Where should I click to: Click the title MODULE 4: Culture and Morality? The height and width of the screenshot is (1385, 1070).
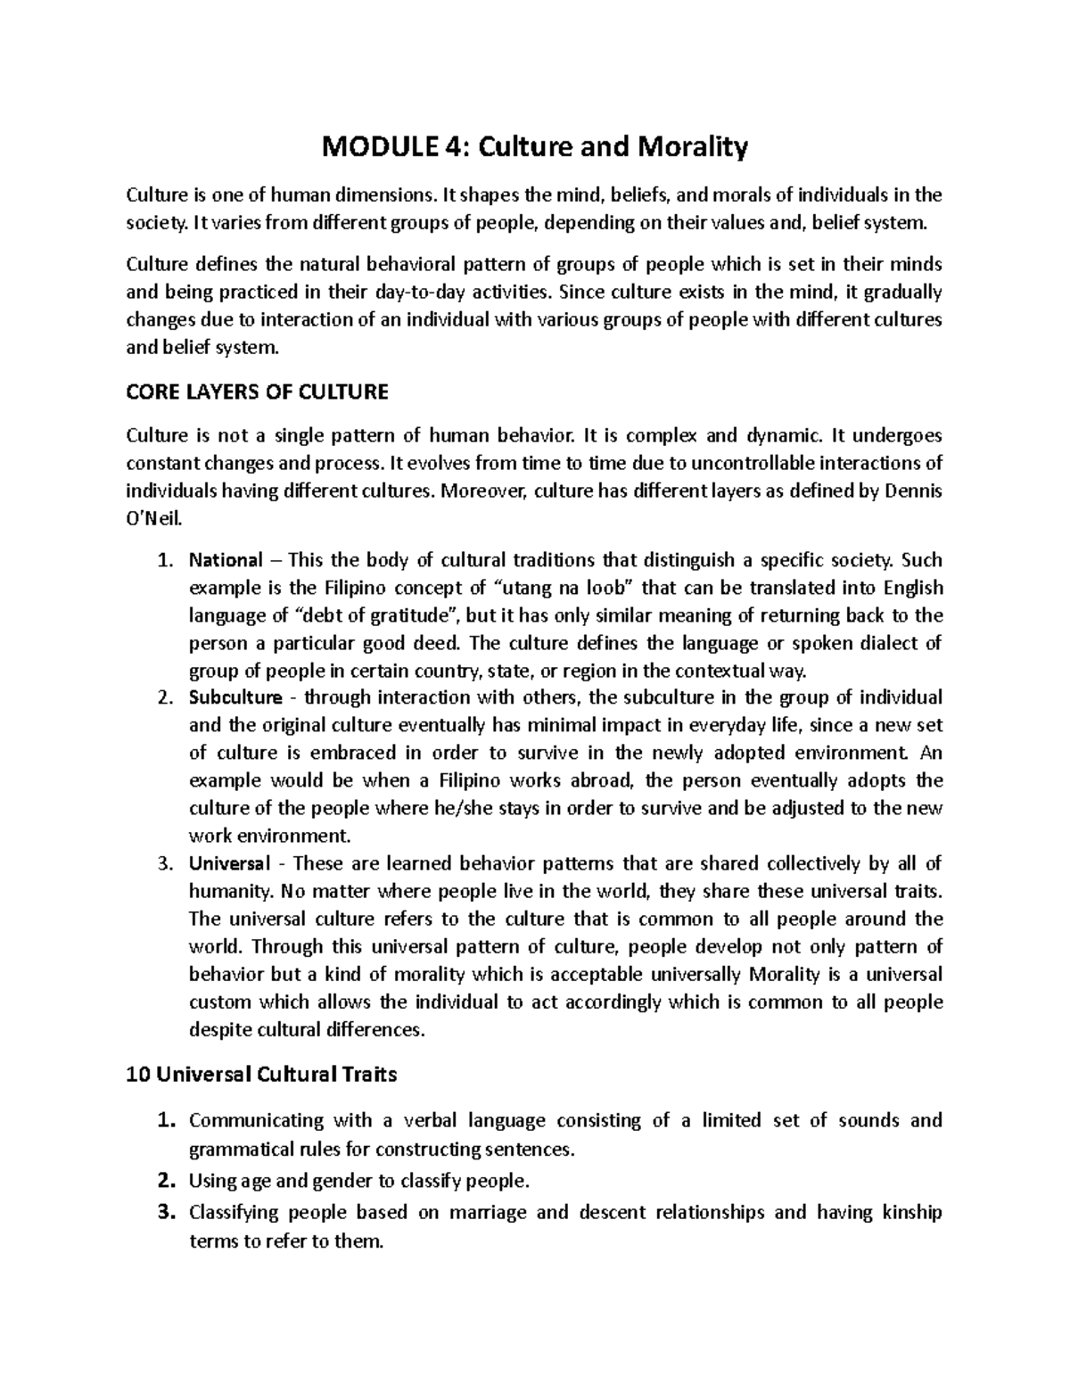click(534, 147)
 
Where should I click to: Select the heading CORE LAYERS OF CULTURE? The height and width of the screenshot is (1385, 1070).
click(258, 392)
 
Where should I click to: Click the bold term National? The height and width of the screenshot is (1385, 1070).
click(226, 560)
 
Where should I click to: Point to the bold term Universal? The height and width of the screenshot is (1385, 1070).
click(229, 863)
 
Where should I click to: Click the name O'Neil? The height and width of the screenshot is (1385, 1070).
click(153, 519)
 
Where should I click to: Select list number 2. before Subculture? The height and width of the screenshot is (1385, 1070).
click(163, 697)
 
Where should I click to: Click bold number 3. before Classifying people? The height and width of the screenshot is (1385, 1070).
click(164, 1212)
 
